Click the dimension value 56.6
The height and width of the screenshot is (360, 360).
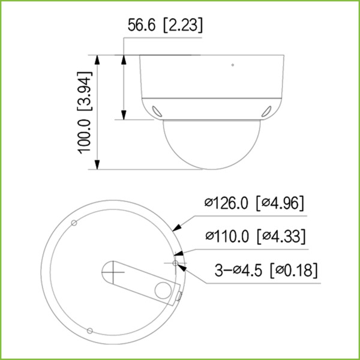[x=142, y=25]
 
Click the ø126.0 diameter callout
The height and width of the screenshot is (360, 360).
[x=226, y=203]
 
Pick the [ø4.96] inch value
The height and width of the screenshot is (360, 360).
[x=280, y=203]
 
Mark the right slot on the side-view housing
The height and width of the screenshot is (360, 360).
[x=266, y=110]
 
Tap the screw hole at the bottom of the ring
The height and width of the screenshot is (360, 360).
[x=89, y=330]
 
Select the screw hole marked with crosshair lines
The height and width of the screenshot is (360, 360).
[x=176, y=262]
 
